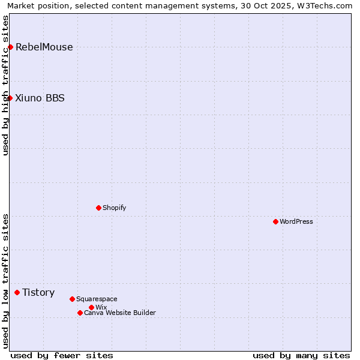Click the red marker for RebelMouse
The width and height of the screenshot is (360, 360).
(x=10, y=47)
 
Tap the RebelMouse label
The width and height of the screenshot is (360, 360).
(x=44, y=47)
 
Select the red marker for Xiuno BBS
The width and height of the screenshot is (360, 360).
(x=10, y=98)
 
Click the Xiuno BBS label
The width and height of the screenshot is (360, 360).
(x=40, y=98)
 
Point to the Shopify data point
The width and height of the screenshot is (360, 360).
(x=98, y=208)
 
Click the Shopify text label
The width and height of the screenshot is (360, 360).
(x=114, y=208)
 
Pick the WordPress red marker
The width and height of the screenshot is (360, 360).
(x=275, y=221)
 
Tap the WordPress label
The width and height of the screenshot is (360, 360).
(x=296, y=221)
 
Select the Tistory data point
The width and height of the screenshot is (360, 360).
(x=17, y=292)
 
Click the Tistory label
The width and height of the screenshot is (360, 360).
(x=38, y=293)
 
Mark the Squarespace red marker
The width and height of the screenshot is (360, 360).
(x=72, y=299)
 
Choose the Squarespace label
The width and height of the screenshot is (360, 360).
(x=97, y=299)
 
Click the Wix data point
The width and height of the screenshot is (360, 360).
(x=91, y=307)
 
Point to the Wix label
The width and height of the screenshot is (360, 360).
(x=101, y=307)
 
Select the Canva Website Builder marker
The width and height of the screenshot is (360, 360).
(x=80, y=313)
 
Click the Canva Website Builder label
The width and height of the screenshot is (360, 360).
(x=120, y=313)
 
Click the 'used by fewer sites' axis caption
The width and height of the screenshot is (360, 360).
(x=62, y=355)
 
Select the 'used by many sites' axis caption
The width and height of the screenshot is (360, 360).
(x=301, y=355)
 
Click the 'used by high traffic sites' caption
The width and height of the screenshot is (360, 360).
(x=5, y=85)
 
